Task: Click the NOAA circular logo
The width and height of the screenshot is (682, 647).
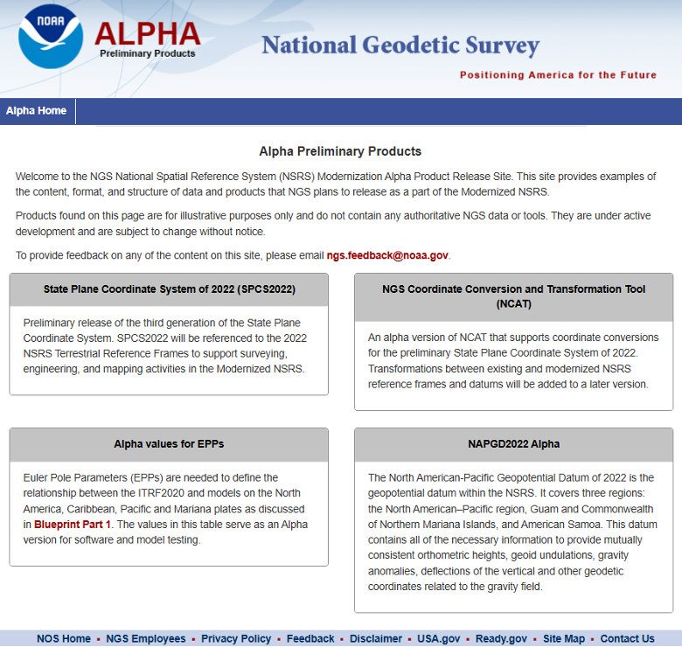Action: [51, 38]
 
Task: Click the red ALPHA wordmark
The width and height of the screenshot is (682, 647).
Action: [147, 32]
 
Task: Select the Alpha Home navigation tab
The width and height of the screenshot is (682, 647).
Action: [37, 111]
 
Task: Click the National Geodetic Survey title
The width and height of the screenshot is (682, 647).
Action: [400, 45]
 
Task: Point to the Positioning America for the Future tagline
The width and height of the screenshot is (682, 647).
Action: [558, 75]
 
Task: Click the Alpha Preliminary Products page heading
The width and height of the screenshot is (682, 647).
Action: [340, 151]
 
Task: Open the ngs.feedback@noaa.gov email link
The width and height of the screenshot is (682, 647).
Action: [387, 255]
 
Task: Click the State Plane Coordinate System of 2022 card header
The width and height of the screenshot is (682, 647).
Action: [169, 289]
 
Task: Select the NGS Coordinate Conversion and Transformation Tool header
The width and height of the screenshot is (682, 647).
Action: [513, 296]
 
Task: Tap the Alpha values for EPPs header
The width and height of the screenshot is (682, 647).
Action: [169, 444]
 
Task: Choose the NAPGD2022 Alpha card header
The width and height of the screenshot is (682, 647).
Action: [513, 444]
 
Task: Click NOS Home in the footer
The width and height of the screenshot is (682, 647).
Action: [64, 638]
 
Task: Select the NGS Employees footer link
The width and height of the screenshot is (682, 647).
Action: [146, 638]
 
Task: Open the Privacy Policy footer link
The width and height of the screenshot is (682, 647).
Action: [236, 638]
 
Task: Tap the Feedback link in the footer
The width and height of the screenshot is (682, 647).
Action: [310, 638]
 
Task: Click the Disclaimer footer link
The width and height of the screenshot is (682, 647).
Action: [376, 638]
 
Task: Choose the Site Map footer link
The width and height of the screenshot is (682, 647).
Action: [564, 638]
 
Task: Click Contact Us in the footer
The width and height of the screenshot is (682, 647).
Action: [627, 638]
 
